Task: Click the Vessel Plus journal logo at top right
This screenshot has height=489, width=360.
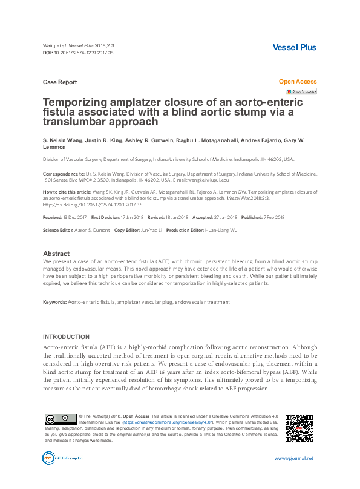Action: (295, 47)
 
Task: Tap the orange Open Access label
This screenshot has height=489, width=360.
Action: (297, 82)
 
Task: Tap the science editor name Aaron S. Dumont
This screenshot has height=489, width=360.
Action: (89, 231)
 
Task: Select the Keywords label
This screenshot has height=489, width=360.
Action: (54, 301)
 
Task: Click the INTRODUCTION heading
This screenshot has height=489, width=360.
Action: (67, 336)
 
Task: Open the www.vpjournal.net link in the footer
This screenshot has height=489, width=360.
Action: (293, 476)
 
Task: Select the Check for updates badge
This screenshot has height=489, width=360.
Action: (301, 91)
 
